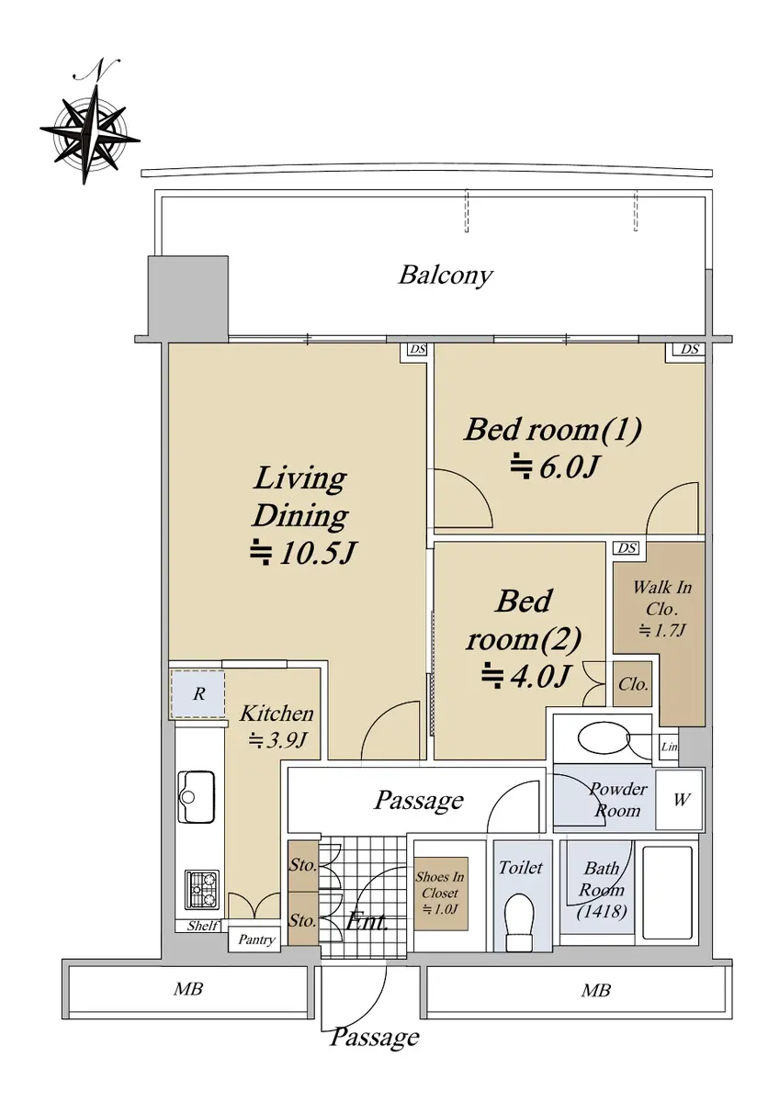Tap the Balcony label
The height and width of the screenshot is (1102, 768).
point(446,275)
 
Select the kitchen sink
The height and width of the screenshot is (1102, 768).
point(197,796)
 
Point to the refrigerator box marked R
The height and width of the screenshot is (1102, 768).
point(198,694)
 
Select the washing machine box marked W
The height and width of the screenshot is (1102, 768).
point(681,800)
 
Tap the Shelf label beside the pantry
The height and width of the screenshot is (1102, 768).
point(202,926)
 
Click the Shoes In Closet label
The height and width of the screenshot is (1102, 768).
point(440,893)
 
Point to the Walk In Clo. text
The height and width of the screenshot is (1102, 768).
point(661,597)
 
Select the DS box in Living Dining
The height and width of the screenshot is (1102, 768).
point(417,350)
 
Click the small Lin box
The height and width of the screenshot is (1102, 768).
point(669,747)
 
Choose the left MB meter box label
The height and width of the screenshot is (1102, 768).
point(187,989)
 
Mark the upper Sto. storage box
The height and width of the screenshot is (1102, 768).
point(302,866)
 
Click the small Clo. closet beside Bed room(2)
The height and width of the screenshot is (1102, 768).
point(633,684)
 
